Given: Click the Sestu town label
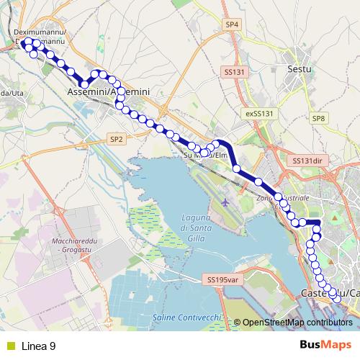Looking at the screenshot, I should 298,69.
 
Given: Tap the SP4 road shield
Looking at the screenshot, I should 231,24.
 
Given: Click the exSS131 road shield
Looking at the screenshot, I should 260,114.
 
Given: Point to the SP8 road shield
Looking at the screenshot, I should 319,118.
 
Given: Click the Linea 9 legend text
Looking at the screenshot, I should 40,346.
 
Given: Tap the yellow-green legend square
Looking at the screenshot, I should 11,346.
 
